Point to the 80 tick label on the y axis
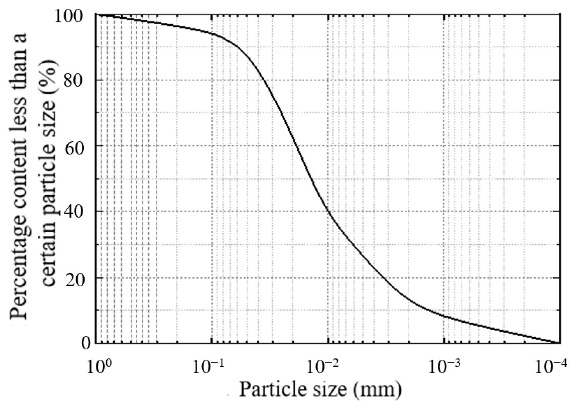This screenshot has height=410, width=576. [x=77, y=80]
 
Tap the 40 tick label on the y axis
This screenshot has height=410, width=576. [x=77, y=212]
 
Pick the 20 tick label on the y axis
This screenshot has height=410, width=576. [x=77, y=278]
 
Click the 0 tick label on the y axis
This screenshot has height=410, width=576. [x=85, y=343]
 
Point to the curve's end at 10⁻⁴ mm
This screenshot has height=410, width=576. [x=559, y=343]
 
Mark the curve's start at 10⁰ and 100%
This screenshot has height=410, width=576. [x=96, y=15]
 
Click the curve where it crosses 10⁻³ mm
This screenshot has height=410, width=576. [x=444, y=316]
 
